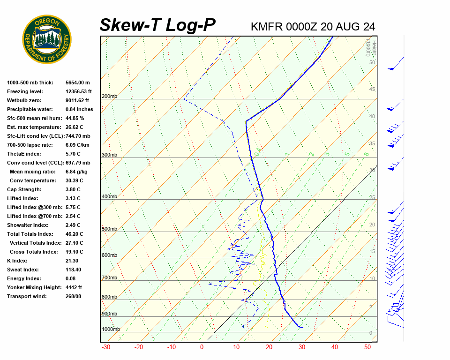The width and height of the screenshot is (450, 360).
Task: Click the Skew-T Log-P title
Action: pyautogui.click(x=157, y=25)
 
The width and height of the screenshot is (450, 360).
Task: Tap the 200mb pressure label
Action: pyautogui.click(x=109, y=97)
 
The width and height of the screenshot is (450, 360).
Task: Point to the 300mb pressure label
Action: pyautogui.click(x=109, y=155)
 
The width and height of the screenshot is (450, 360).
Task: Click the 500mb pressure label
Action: pyautogui.click(x=109, y=229)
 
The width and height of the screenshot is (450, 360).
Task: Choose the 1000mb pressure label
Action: pyautogui.click(x=111, y=329)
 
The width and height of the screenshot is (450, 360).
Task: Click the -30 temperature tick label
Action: pyautogui.click(x=106, y=347)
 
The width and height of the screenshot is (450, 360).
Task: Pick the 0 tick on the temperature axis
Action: pyautogui.click(x=202, y=347)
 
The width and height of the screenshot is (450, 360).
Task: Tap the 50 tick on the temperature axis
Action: pyautogui.click(x=367, y=347)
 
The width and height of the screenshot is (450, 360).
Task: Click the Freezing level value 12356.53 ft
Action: pyautogui.click(x=79, y=91)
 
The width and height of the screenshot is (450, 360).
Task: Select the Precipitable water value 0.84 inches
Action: pyautogui.click(x=79, y=109)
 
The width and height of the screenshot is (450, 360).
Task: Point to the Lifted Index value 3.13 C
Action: pyautogui.click(x=73, y=198)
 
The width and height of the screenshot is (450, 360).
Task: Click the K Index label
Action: pyautogui.click(x=17, y=261)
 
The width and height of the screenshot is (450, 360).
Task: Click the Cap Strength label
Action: pyautogui.click(x=24, y=189)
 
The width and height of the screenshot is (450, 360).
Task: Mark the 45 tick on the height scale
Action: pyautogui.click(x=372, y=90)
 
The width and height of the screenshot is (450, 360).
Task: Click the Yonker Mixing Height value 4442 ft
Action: pyautogui.click(x=74, y=287)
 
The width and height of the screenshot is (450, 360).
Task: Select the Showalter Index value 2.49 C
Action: pyautogui.click(x=73, y=225)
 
